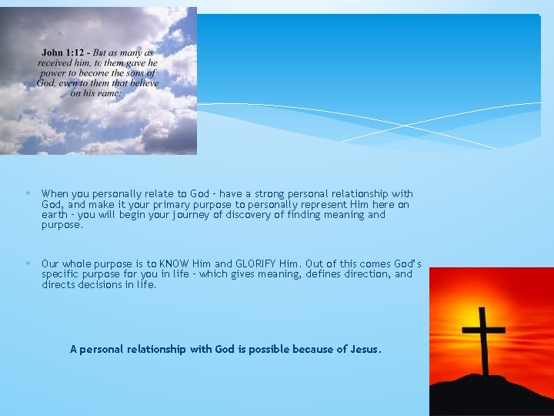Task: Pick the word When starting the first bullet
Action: click(x=54, y=194)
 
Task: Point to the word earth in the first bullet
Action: click(x=55, y=215)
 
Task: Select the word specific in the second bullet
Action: click(x=60, y=274)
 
